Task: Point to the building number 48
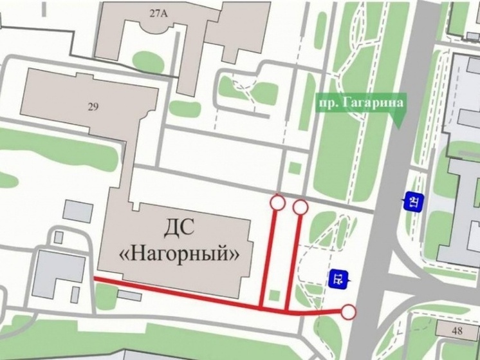pyautogui.click(x=457, y=330)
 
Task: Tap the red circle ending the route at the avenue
pyautogui.click(x=348, y=313)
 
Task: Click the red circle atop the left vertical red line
pyautogui.click(x=277, y=202)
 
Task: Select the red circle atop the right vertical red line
pyautogui.click(x=300, y=207)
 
